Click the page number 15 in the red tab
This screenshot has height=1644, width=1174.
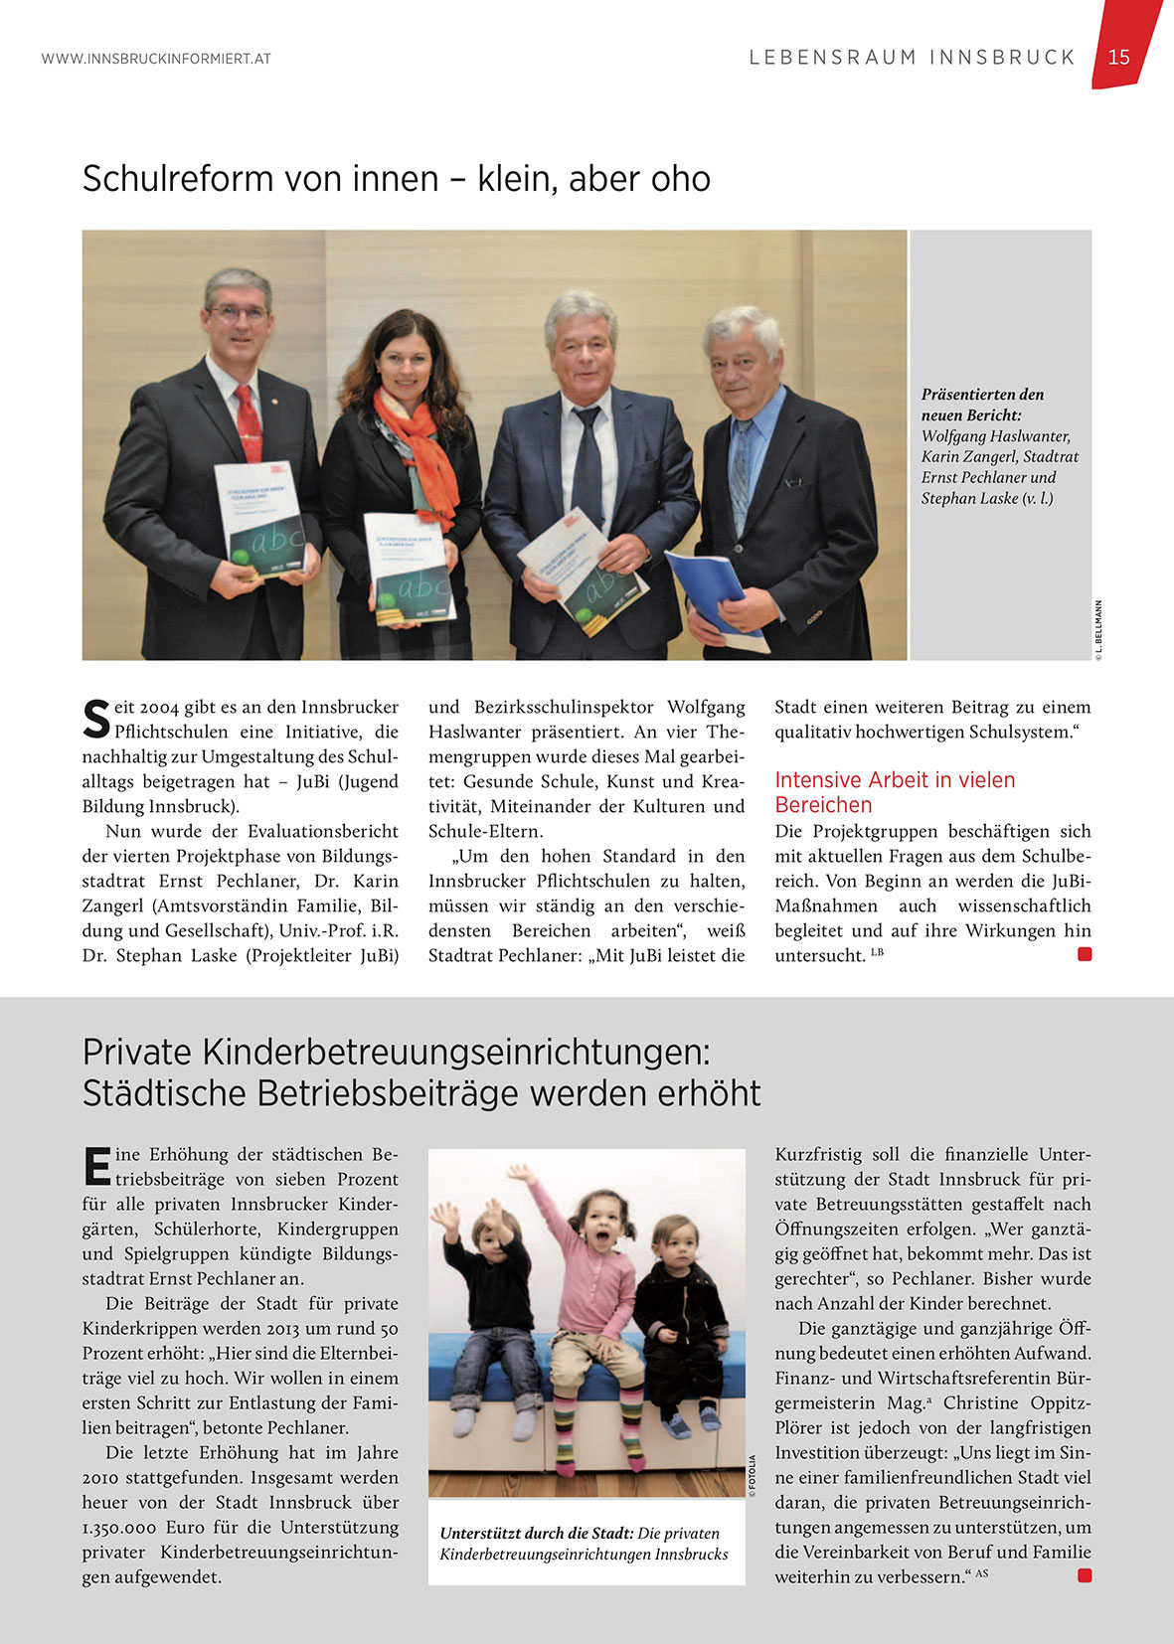pyautogui.click(x=1118, y=57)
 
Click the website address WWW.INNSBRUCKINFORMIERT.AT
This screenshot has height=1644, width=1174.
pyautogui.click(x=156, y=59)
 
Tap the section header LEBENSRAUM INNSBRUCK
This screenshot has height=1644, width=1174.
pyautogui.click(x=912, y=58)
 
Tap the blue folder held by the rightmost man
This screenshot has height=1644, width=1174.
pyautogui.click(x=708, y=588)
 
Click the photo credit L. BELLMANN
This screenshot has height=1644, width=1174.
pyautogui.click(x=1098, y=629)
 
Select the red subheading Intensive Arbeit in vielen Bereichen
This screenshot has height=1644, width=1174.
pyautogui.click(x=895, y=792)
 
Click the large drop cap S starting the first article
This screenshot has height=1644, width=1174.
pyautogui.click(x=95, y=720)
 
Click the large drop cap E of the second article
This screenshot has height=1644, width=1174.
pyautogui.click(x=96, y=1167)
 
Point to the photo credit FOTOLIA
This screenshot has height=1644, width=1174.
pyautogui.click(x=753, y=1475)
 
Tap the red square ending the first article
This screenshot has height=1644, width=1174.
pyautogui.click(x=1085, y=954)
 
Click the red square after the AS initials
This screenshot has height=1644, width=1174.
pyautogui.click(x=1085, y=1575)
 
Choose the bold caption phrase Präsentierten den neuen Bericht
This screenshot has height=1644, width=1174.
pyautogui.click(x=982, y=405)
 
